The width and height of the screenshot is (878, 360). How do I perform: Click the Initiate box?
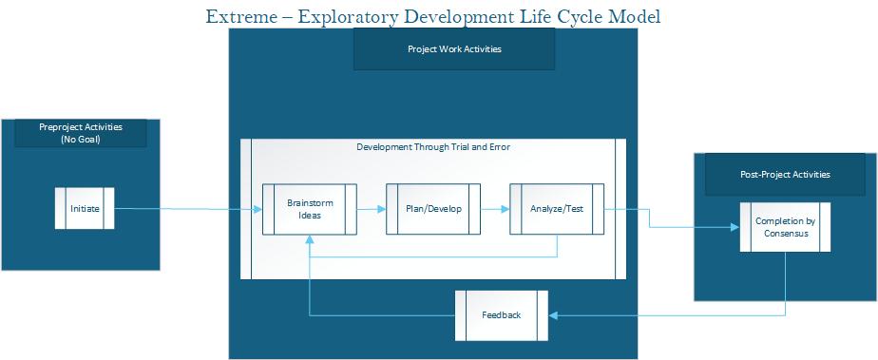pos(85,209)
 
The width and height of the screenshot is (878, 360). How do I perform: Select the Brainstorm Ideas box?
pos(310,209)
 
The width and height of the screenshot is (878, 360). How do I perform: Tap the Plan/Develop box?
pos(432,209)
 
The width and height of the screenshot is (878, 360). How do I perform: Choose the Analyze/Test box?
pos(556,209)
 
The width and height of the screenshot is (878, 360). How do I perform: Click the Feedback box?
pos(502,315)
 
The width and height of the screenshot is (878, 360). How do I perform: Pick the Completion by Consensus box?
pos(785,227)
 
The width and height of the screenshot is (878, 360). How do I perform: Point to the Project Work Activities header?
pos(453,49)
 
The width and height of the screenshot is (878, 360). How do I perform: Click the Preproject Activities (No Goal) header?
pos(81,132)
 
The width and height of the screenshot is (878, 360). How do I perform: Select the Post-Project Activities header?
pos(785,175)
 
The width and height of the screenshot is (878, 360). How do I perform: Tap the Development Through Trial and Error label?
pos(432,147)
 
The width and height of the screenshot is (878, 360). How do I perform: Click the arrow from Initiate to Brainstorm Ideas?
pos(190,209)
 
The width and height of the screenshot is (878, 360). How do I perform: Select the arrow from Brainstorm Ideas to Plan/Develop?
pos(372,209)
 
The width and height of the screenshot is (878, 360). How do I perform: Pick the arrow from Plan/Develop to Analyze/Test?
pos(494,209)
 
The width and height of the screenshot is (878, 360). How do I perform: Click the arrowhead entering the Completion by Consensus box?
pos(734,227)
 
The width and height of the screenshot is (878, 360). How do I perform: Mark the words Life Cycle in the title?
pos(551,16)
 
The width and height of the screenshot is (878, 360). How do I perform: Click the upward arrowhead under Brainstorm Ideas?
pos(310,238)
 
